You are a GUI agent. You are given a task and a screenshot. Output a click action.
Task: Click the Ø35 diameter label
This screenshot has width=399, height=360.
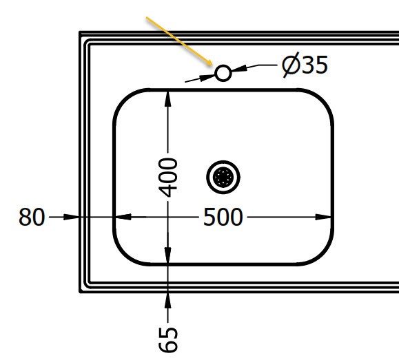(x=305, y=65)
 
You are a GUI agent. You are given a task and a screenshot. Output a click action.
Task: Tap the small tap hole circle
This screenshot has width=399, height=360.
(x=223, y=73)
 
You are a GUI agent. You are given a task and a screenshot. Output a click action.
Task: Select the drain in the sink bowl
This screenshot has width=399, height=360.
(x=223, y=177)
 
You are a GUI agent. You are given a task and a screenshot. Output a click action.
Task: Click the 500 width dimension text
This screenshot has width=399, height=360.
(x=223, y=217)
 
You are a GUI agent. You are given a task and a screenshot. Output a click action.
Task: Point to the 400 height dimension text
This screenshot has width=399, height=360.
(x=167, y=177)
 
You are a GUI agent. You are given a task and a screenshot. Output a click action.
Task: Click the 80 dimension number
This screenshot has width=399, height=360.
(x=32, y=217)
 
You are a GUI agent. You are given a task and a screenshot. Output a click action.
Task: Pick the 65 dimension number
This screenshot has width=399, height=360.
(x=167, y=339)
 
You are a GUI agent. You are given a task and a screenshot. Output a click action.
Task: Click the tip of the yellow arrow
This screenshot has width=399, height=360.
(x=213, y=65)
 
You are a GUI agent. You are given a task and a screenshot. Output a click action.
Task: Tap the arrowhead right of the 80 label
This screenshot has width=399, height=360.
(x=71, y=217)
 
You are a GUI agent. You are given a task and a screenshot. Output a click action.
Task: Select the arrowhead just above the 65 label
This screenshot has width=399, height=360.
(x=167, y=299)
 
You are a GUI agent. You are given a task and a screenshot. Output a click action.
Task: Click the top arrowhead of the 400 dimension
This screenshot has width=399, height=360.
(x=167, y=98)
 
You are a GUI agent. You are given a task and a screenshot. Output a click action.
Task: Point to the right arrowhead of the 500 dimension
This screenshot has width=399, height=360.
(x=323, y=217)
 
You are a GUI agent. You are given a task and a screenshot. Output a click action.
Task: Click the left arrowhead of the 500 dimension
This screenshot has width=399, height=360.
(x=123, y=217)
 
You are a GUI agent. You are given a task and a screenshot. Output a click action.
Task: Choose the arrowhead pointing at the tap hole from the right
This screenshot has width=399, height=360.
(x=239, y=68)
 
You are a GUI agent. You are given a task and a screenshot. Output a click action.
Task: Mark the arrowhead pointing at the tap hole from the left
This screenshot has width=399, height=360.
(x=207, y=77)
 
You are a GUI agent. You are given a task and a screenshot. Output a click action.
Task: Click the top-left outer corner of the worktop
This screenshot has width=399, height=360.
(x=80, y=32)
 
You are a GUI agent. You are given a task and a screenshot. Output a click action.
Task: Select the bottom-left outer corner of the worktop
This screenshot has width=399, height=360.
(x=80, y=292)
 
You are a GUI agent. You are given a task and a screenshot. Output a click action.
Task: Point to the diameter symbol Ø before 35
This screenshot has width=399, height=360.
(x=291, y=65)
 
